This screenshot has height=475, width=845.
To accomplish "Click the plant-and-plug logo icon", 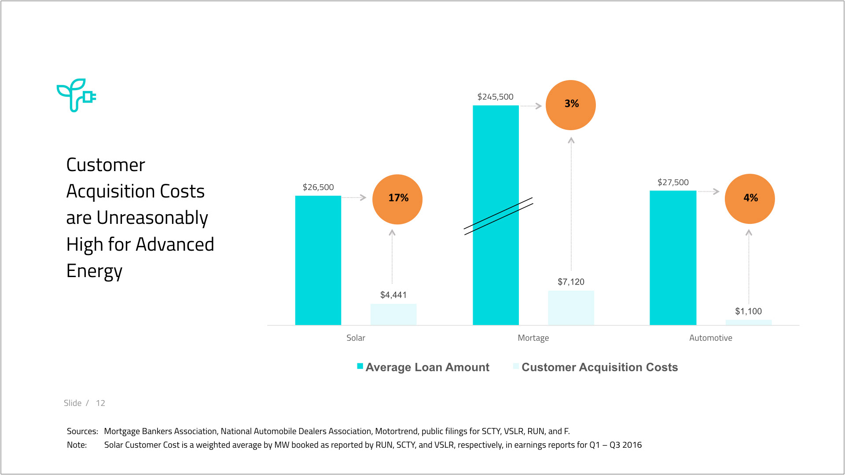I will pyautogui.click(x=76, y=95).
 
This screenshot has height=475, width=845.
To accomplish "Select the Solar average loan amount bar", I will pyautogui.click(x=318, y=260).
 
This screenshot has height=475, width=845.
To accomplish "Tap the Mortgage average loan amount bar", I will pyautogui.click(x=496, y=264).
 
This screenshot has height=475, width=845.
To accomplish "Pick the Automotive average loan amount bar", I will pyautogui.click(x=673, y=258).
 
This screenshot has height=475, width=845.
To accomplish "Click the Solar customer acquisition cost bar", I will pyautogui.click(x=393, y=314).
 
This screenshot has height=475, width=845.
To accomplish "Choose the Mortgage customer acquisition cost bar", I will pyautogui.click(x=571, y=308).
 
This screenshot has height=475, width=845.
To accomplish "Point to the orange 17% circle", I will pyautogui.click(x=397, y=199).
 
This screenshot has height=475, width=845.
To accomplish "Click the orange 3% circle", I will pyautogui.click(x=571, y=105).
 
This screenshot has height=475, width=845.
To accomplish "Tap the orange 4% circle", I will pyautogui.click(x=750, y=199).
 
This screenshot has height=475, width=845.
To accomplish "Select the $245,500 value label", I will pyautogui.click(x=496, y=97).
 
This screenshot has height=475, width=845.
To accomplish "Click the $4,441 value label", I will pyautogui.click(x=393, y=295).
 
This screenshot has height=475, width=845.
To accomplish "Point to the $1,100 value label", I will pyautogui.click(x=748, y=311).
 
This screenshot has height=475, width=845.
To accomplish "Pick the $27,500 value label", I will pyautogui.click(x=673, y=183).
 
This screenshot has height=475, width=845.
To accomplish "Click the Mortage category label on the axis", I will pyautogui.click(x=533, y=338).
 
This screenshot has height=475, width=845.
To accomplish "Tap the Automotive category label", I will pyautogui.click(x=711, y=338).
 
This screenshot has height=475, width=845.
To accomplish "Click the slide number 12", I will pyautogui.click(x=100, y=403).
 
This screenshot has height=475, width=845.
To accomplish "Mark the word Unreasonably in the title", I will pyautogui.click(x=152, y=218).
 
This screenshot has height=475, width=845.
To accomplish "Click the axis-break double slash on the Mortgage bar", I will pyautogui.click(x=498, y=216).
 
